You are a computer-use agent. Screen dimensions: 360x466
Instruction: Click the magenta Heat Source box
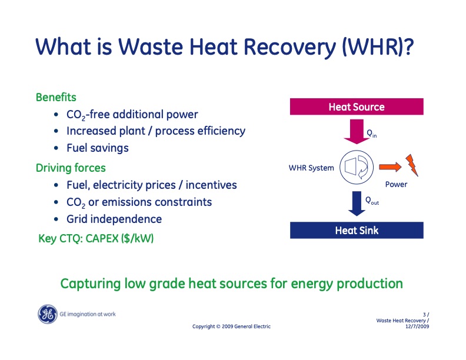(357, 106)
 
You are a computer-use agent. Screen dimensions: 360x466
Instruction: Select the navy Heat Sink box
(357, 230)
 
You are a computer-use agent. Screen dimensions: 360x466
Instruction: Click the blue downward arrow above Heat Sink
(356, 204)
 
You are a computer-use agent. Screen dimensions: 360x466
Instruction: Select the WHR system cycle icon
(356, 168)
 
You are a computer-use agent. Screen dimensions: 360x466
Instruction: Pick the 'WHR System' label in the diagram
(311, 168)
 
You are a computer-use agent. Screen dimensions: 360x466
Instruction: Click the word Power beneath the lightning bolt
(396, 185)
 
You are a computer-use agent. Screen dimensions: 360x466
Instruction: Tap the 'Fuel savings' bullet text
(97, 148)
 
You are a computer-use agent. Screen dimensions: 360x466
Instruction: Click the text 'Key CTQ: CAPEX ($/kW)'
(96, 239)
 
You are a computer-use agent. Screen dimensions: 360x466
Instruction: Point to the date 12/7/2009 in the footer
(417, 326)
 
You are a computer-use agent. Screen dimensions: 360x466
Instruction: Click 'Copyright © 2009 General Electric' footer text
(232, 326)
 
